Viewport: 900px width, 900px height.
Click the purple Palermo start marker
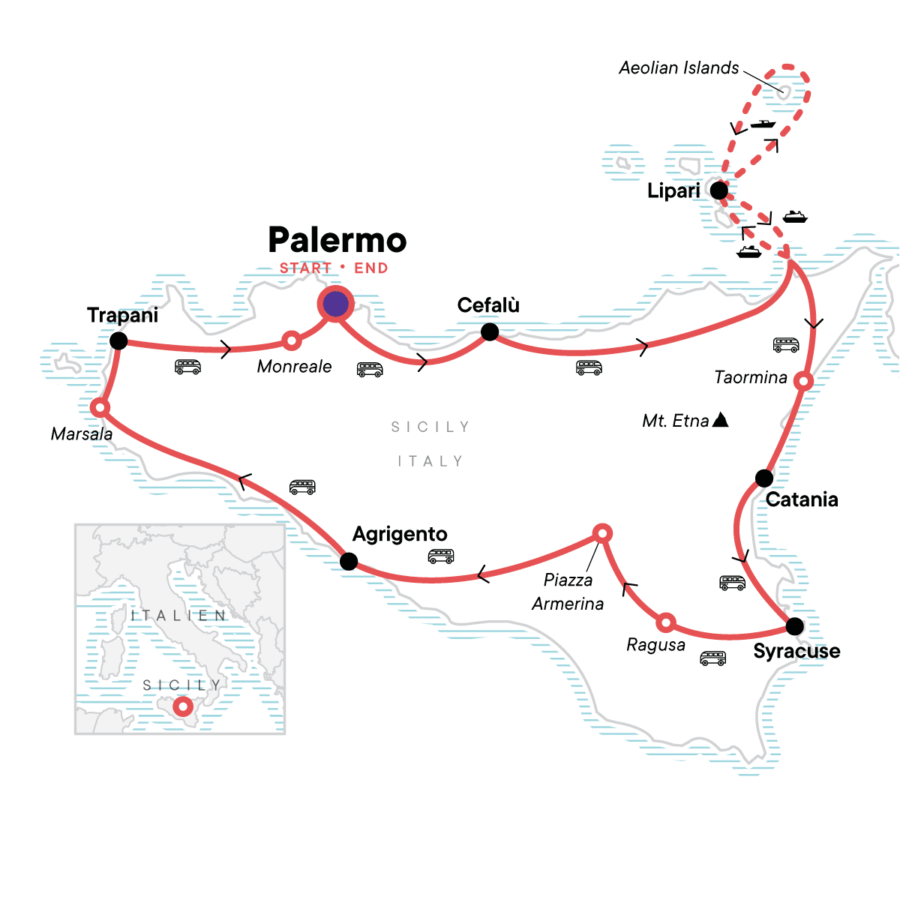click(335, 304)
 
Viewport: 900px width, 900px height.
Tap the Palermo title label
click(337, 240)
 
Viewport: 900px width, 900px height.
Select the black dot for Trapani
click(118, 341)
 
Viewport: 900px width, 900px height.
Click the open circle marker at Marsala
click(100, 408)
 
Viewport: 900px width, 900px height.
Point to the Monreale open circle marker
click(292, 340)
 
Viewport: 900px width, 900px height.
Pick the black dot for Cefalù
click(490, 331)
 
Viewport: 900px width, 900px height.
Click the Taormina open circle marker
click(803, 381)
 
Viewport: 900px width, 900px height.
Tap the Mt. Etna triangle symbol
click(720, 419)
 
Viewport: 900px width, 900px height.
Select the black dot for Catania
click(763, 478)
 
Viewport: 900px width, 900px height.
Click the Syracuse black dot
click(794, 625)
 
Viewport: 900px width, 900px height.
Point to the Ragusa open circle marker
click(666, 622)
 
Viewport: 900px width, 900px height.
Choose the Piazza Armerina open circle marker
click(602, 533)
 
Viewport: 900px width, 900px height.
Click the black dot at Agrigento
click(349, 561)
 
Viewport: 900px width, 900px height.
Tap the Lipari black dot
click(718, 190)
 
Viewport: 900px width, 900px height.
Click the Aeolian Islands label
click(679, 68)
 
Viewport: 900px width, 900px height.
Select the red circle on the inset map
click(182, 706)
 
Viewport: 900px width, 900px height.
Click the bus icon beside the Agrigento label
click(441, 556)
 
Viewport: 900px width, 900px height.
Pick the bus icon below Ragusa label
click(712, 658)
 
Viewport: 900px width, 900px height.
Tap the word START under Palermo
click(305, 268)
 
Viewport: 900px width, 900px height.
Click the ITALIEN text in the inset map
click(178, 616)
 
